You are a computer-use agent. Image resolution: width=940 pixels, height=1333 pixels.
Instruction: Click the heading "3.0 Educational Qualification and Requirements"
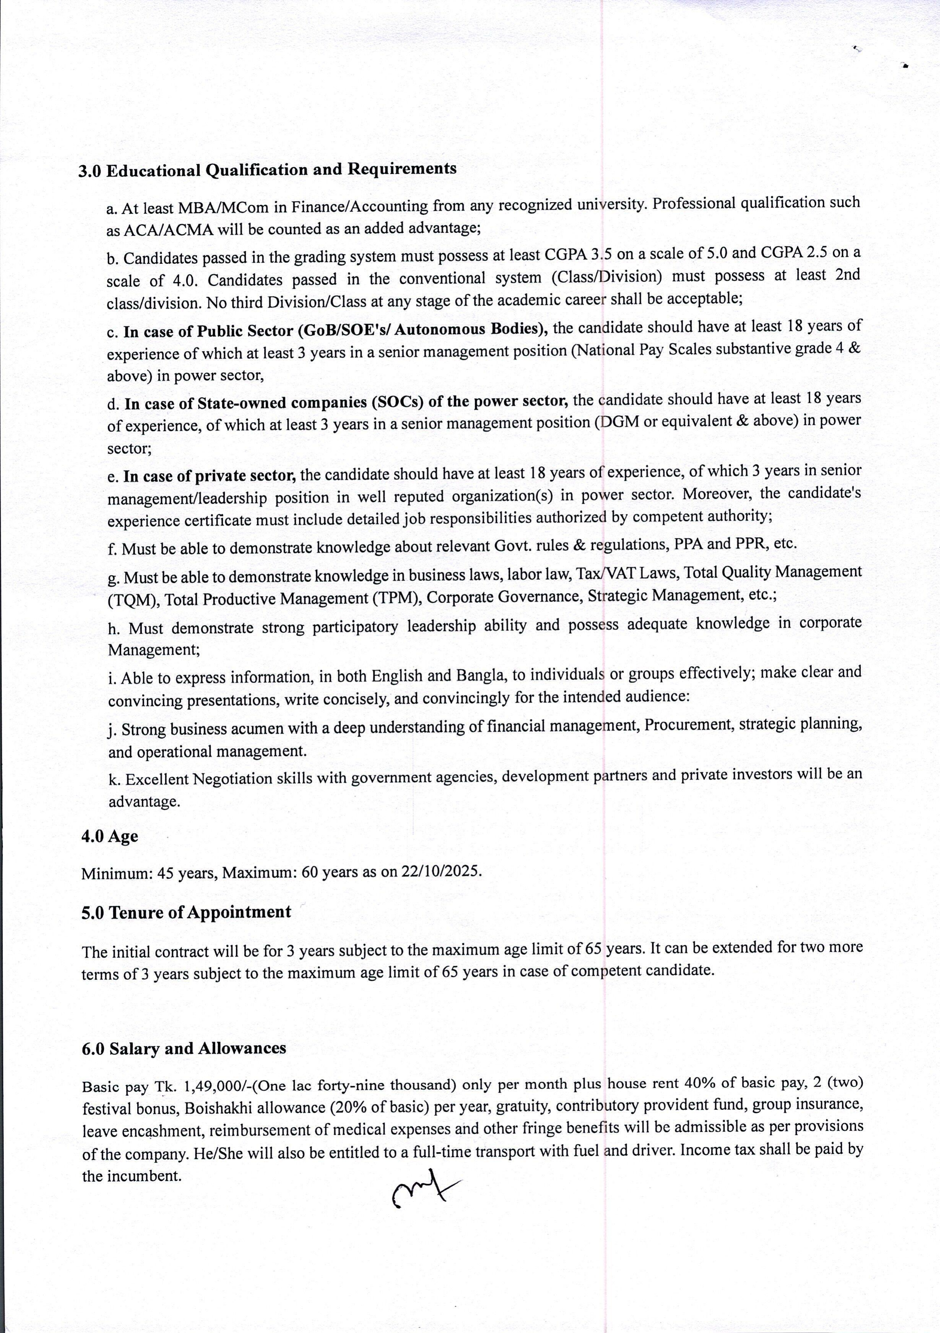267,170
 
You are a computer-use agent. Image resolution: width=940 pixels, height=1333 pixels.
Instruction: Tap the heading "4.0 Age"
109,837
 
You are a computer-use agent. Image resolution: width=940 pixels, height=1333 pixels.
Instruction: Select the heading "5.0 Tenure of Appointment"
186,912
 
